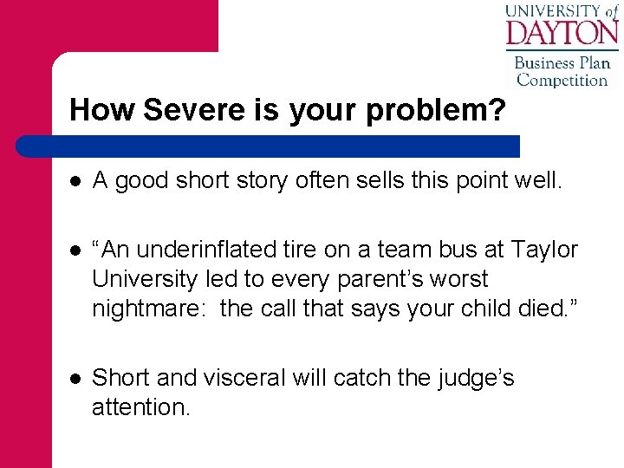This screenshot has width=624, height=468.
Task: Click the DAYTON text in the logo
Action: (561, 33)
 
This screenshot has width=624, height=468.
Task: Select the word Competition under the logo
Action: (562, 81)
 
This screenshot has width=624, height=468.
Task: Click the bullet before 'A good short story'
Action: (75, 180)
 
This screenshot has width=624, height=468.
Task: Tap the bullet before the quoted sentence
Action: (75, 250)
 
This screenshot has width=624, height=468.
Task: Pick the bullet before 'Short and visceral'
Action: (75, 378)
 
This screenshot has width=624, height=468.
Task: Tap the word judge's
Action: (471, 377)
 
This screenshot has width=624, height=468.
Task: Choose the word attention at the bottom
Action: (140, 406)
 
